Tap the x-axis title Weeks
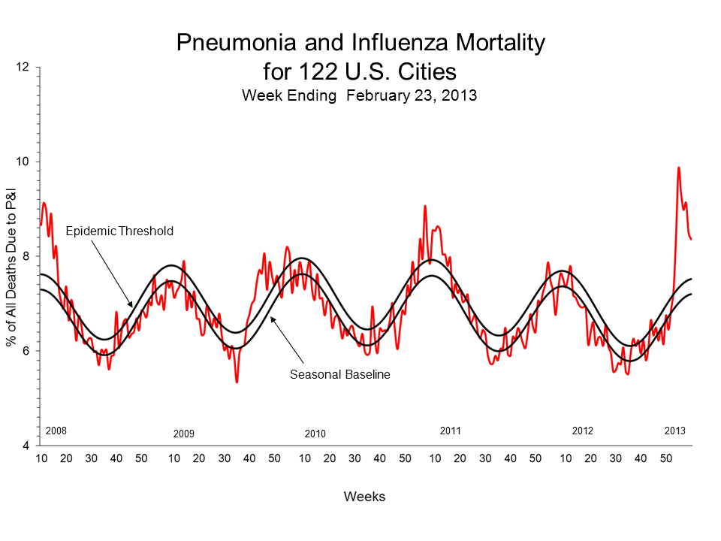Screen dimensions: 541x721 click(364, 497)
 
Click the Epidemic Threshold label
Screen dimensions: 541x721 click(119, 231)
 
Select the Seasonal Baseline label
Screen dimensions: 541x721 click(340, 373)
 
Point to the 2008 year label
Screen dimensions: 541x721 click(56, 431)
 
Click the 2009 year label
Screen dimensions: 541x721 click(184, 434)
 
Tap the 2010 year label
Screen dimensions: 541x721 click(315, 434)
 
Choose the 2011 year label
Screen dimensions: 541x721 click(450, 431)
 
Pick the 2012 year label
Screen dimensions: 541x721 click(583, 431)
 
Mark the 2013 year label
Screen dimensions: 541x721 click(675, 431)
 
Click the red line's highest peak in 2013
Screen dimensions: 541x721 click(679, 168)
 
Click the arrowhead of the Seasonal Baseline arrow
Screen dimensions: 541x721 click(272, 319)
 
